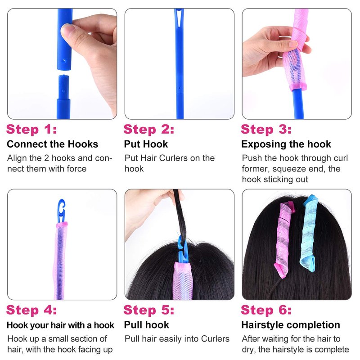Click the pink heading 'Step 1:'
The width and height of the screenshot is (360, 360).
tap(31, 129)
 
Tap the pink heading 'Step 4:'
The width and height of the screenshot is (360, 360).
tap(31, 310)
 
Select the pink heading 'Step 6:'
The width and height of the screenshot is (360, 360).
tap(266, 310)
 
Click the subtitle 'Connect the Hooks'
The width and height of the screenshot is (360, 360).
tap(53, 144)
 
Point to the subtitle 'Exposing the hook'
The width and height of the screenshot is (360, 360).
tap(286, 144)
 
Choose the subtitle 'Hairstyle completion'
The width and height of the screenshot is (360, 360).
tap(291, 325)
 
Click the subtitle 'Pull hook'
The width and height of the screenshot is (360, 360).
tap(147, 325)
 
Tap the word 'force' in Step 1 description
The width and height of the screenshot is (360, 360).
tap(76, 169)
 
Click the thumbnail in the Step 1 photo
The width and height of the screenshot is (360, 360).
tap(67, 31)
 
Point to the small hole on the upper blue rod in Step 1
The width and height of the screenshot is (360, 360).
tap(64, 61)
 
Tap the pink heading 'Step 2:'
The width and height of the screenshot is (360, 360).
tap(149, 129)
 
